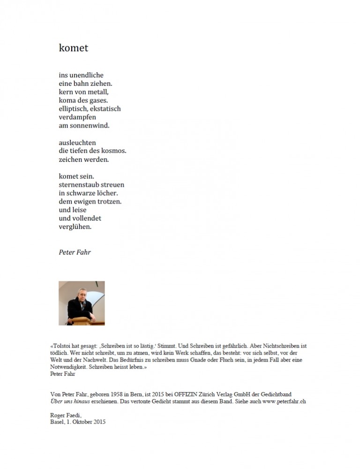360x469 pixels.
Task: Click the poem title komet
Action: click(x=73, y=48)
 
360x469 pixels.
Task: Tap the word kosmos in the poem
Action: click(x=114, y=151)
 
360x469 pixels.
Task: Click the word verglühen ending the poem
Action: click(x=75, y=227)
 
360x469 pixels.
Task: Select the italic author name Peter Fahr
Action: click(x=75, y=252)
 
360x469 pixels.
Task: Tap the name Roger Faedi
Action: click(x=66, y=415)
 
